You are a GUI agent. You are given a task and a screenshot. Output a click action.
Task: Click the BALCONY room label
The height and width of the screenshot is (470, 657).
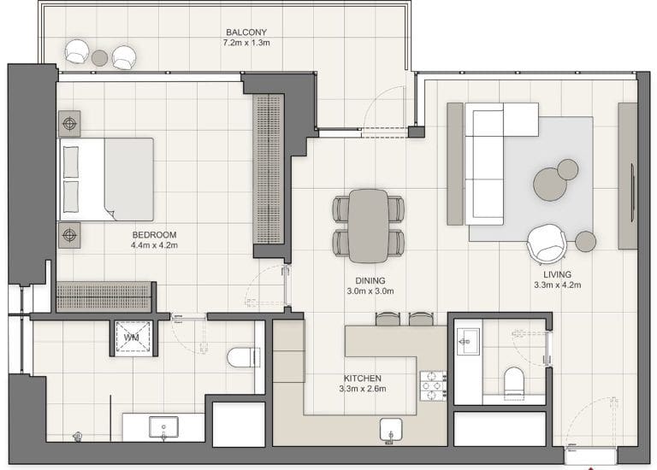pyautogui.click(x=244, y=32)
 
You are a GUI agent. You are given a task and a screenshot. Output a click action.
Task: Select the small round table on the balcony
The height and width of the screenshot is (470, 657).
pyautogui.click(x=100, y=57)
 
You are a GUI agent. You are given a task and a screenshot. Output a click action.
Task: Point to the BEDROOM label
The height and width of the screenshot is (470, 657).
pyautogui.click(x=154, y=235)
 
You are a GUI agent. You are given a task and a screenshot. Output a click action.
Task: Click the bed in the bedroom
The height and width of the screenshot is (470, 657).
pyautogui.click(x=106, y=179)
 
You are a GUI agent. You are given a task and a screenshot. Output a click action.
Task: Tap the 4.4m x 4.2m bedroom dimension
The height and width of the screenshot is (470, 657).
pyautogui.click(x=154, y=246)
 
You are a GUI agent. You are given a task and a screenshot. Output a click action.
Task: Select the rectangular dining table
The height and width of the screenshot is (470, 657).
pyautogui.click(x=369, y=225)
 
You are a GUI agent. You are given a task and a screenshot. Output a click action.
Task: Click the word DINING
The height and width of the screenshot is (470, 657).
pyautogui.click(x=370, y=280)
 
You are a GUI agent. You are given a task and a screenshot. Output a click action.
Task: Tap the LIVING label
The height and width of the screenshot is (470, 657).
pyautogui.click(x=552, y=274)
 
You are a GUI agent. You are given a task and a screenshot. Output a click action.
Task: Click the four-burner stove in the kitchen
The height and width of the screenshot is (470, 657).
pyautogui.click(x=432, y=385)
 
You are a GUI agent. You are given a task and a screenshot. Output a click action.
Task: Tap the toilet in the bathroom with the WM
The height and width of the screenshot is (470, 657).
pyautogui.click(x=240, y=355)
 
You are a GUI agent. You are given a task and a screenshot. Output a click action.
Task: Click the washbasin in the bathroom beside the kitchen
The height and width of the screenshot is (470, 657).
pyautogui.click(x=467, y=342)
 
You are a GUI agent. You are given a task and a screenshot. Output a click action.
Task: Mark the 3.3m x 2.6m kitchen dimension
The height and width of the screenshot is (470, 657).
pyautogui.click(x=363, y=389)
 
